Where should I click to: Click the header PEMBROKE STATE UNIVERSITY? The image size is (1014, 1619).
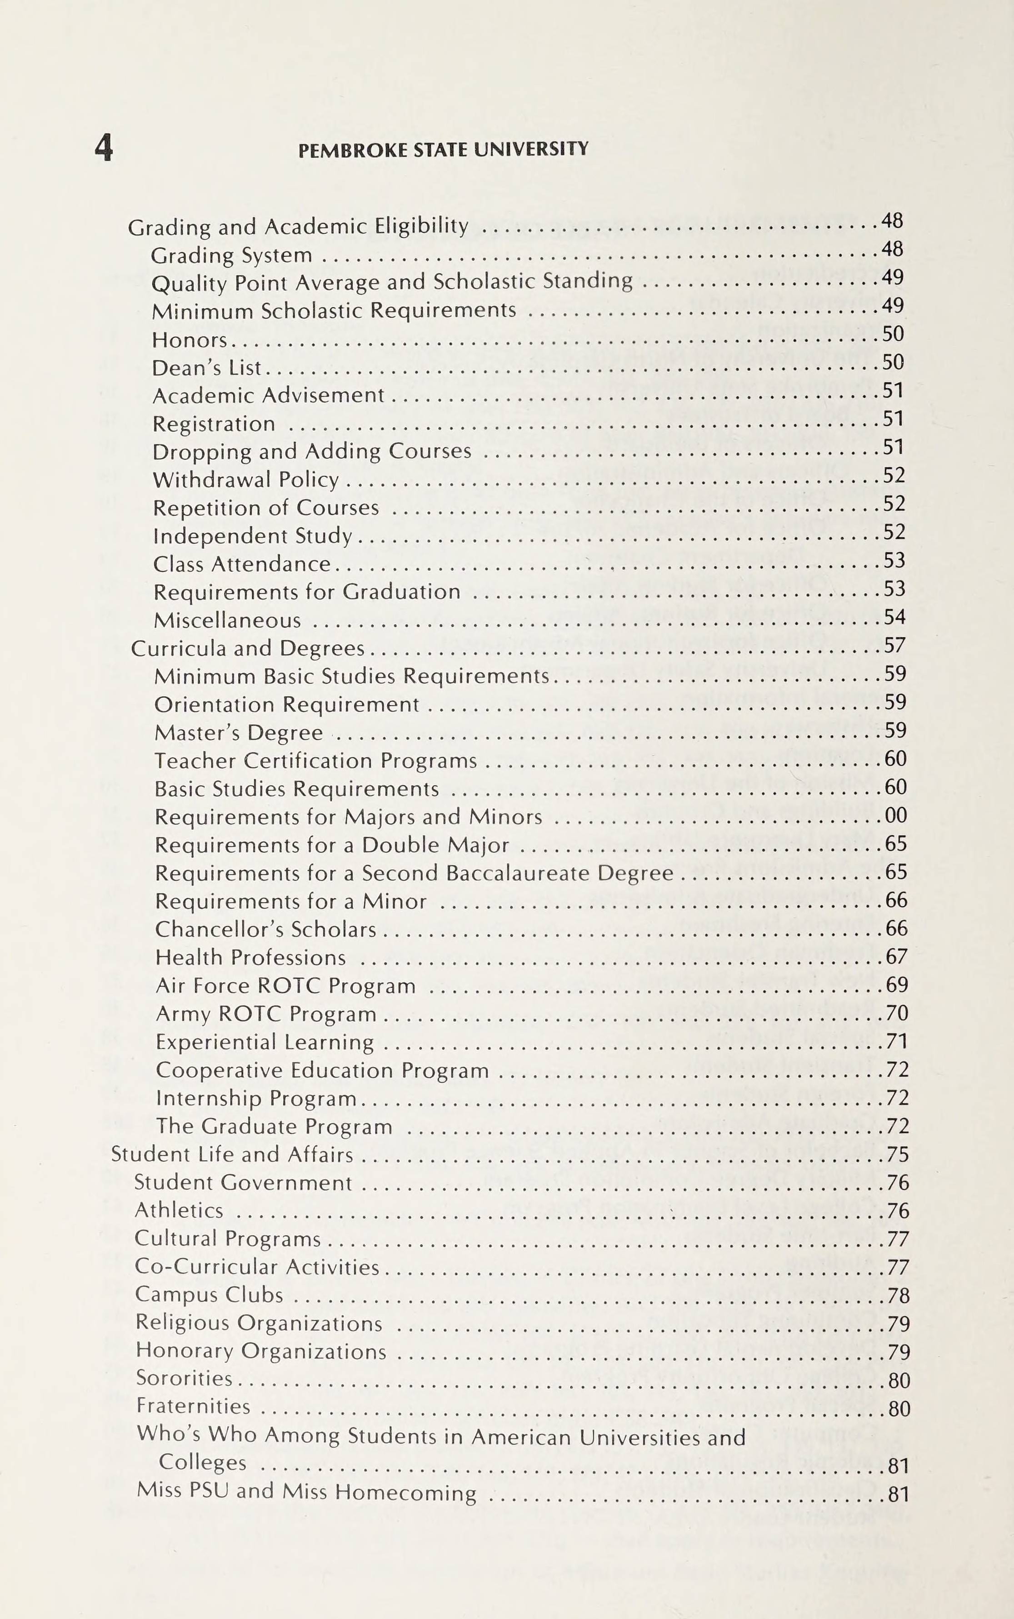pos(443,149)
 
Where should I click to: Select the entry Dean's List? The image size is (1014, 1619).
pos(206,368)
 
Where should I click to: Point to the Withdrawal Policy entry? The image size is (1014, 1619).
pos(245,480)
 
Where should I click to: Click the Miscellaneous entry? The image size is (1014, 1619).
pos(227,620)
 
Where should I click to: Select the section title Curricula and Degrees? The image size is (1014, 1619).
pos(247,649)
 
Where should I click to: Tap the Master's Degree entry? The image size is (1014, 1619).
pos(239,732)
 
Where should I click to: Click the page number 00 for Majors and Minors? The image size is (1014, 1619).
pos(895,815)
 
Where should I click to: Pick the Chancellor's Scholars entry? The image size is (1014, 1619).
pos(265,929)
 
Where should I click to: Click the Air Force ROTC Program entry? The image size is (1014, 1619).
pos(286,986)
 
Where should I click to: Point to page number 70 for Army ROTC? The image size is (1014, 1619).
pos(897,1013)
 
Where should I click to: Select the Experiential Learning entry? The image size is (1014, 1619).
pos(265,1042)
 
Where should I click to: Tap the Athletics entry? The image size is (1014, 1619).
pos(179,1210)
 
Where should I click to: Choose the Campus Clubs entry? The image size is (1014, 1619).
pos(209,1295)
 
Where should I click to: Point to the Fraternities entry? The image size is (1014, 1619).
pos(193,1406)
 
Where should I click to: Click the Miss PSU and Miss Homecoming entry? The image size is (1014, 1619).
pos(306,1492)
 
